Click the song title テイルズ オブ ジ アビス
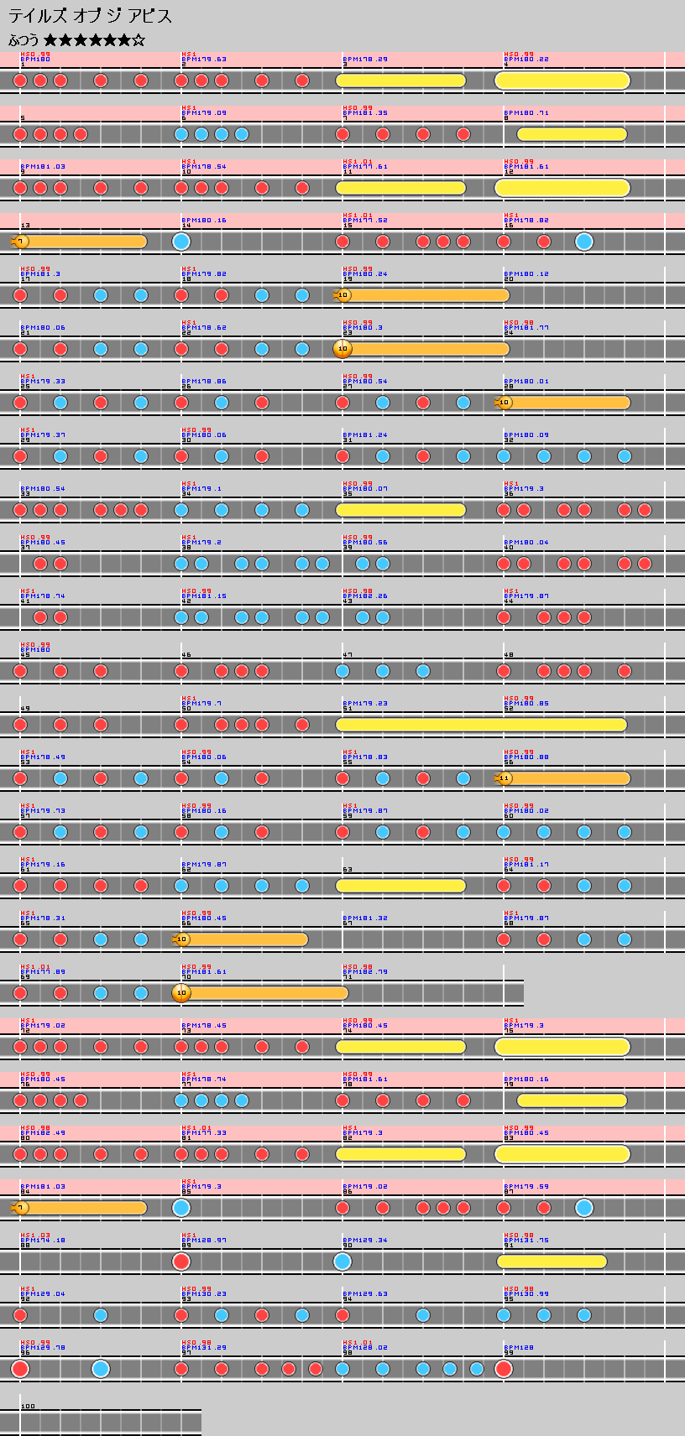[x=90, y=16]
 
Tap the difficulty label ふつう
[x=24, y=40]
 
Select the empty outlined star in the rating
[x=139, y=40]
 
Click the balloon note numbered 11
[x=505, y=778]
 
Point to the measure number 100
[x=29, y=1406]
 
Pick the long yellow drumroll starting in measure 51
[x=481, y=725]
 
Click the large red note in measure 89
[x=181, y=1262]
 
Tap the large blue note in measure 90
[x=342, y=1262]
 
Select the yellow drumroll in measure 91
[x=552, y=1262]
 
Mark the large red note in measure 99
[x=504, y=1369]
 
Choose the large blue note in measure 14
[x=181, y=242]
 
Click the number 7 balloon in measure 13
[x=21, y=242]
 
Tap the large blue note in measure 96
[x=101, y=1369]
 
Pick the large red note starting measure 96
[x=20, y=1369]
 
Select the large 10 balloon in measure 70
[x=181, y=993]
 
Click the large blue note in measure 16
[x=584, y=242]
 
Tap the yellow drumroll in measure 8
[x=572, y=134]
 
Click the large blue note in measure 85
[x=181, y=1208]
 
